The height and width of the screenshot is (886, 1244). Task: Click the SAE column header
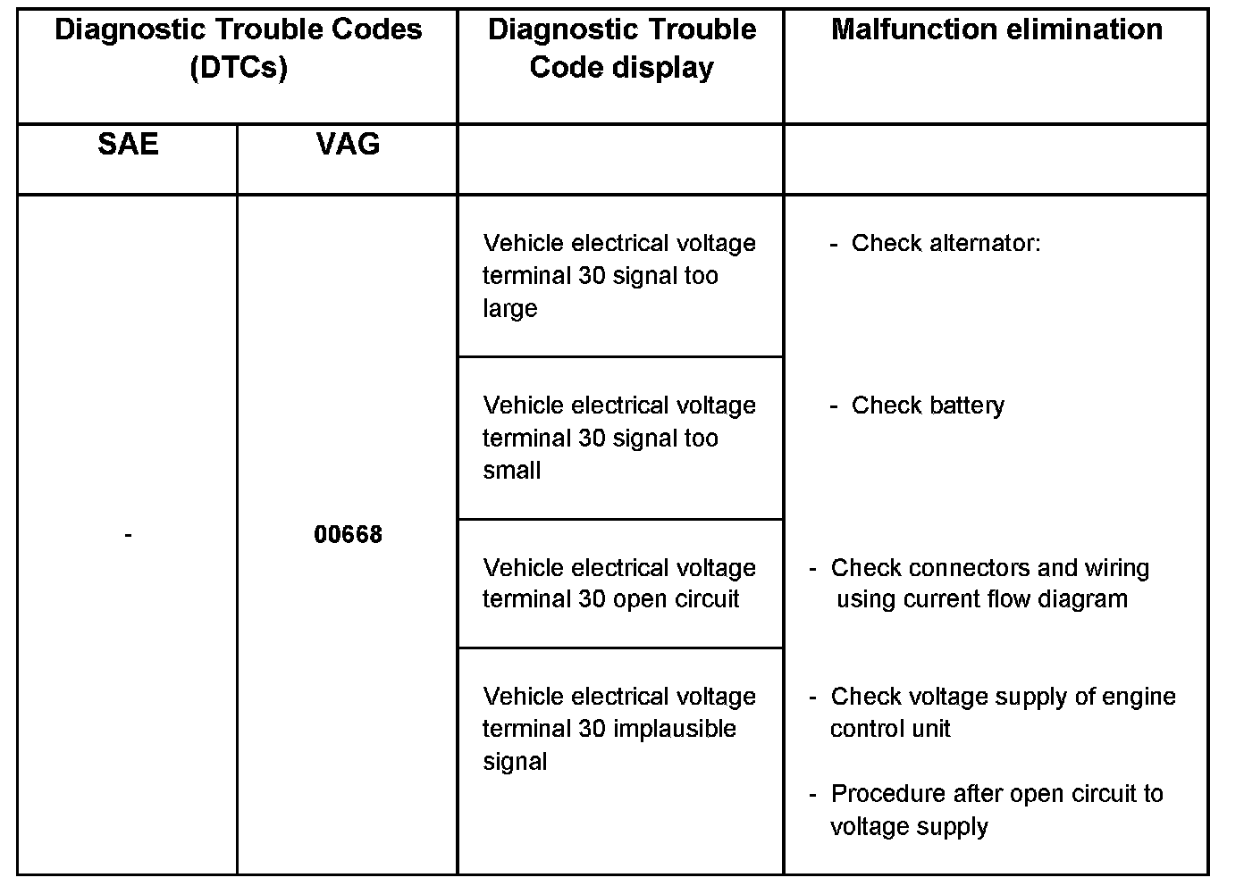128,144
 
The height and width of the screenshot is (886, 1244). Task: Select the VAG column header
348,144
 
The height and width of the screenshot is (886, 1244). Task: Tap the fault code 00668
348,534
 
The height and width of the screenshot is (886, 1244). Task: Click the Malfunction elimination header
996,29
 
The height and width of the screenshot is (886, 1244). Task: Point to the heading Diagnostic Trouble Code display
621,48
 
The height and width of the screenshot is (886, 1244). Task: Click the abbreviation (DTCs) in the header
239,68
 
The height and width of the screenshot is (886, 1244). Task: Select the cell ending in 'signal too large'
619,275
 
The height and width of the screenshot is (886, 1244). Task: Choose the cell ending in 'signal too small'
619,438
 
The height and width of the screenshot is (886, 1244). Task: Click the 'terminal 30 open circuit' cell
619,583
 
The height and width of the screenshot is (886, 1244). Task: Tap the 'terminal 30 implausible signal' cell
619,729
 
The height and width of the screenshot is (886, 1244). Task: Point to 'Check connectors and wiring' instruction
989,568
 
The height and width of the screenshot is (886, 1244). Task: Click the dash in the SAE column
129,534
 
